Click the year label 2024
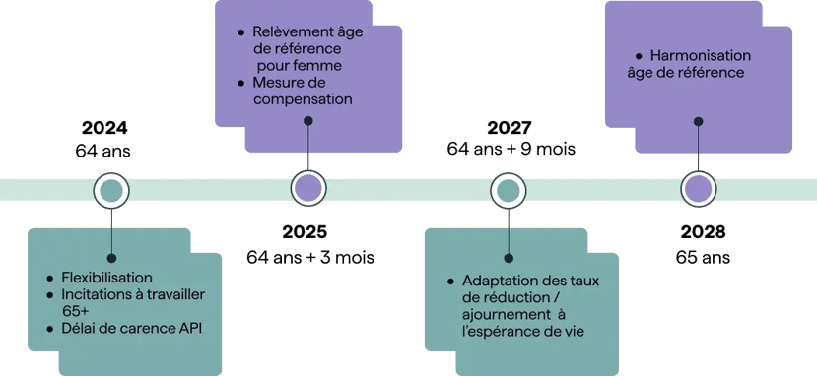(104, 129)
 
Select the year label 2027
(510, 129)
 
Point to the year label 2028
(703, 233)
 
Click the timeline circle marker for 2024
(110, 189)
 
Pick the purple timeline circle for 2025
(308, 189)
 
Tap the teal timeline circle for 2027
(509, 189)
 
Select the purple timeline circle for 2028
(699, 189)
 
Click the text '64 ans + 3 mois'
(309, 257)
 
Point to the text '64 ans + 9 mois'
(511, 150)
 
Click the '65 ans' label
(703, 257)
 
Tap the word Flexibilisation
(106, 278)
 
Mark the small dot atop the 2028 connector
(699, 122)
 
